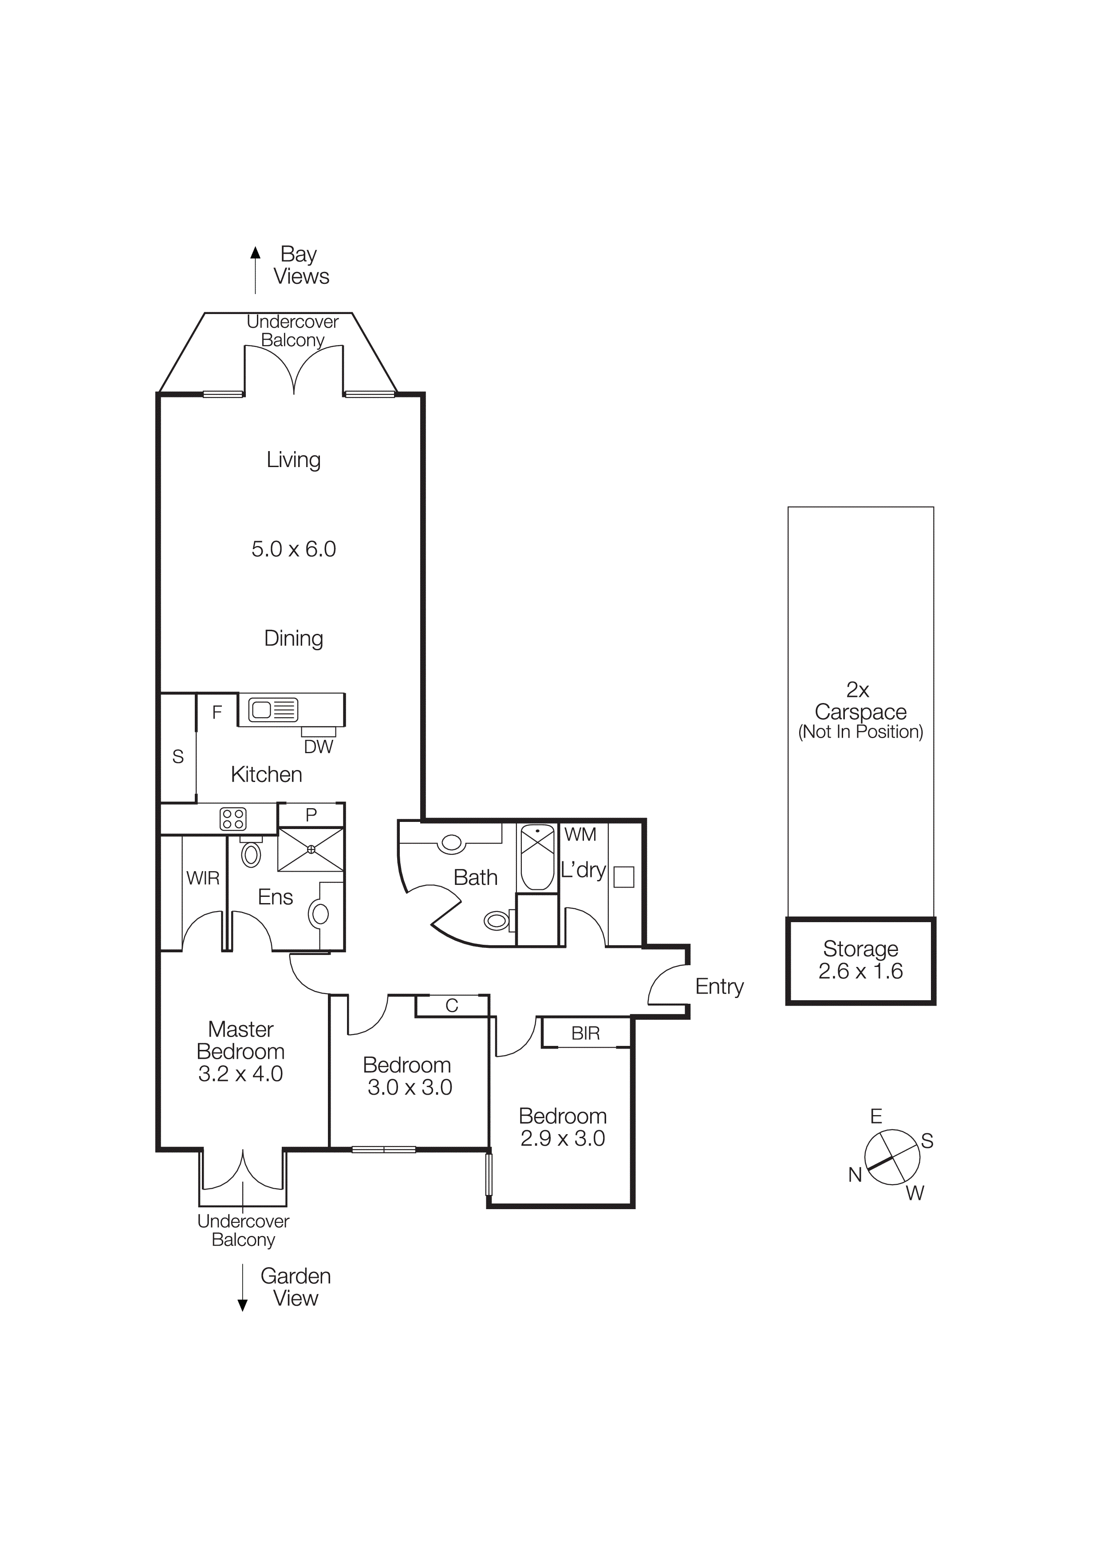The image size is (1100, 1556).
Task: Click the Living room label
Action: pos(293,460)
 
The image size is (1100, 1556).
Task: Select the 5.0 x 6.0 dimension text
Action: pos(293,549)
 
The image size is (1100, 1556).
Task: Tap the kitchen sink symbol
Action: pos(272,710)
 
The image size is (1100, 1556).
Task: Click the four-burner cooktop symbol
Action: pos(233,819)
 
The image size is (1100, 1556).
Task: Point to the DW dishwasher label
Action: pos(318,747)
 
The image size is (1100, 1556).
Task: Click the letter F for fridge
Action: pos(217,712)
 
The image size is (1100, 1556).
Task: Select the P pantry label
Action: pos(311,815)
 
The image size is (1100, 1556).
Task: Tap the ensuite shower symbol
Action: pos(311,849)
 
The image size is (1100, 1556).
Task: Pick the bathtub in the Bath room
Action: pos(537,857)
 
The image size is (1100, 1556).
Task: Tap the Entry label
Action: pos(719,987)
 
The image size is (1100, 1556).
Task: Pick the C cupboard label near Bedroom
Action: pos(452,1006)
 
